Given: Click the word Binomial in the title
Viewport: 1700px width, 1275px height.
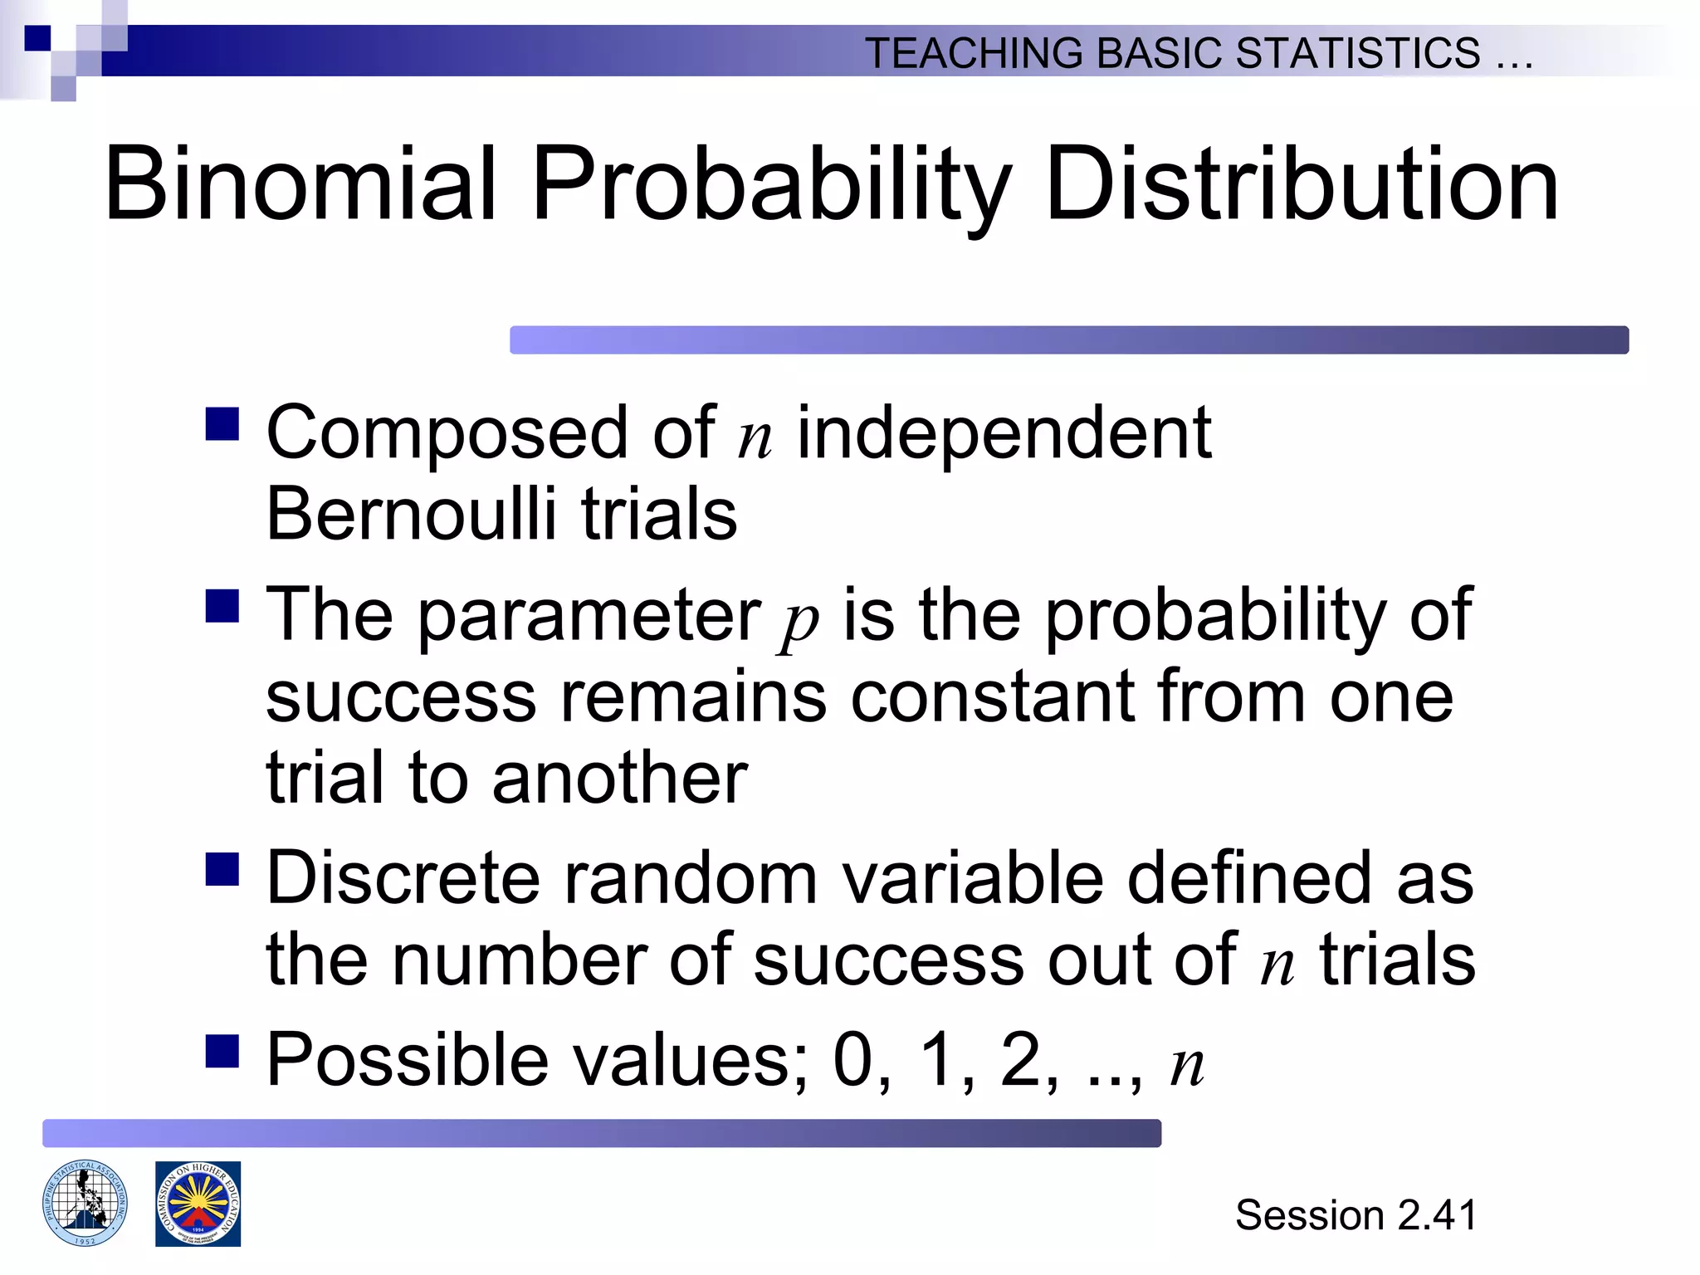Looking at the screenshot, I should [x=300, y=184].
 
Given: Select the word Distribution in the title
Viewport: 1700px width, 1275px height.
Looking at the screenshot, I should [x=1301, y=184].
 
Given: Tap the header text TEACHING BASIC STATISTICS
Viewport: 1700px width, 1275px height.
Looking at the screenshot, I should [x=1172, y=53].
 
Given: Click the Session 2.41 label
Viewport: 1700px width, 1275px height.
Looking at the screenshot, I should [x=1356, y=1215].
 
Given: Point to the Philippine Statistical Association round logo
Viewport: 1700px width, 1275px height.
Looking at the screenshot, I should [x=85, y=1203].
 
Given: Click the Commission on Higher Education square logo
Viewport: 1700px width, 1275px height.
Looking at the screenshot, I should [x=198, y=1204].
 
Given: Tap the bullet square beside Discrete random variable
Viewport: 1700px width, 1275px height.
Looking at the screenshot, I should [x=222, y=869].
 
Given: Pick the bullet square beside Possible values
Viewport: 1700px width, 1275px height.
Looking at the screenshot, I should [x=222, y=1050].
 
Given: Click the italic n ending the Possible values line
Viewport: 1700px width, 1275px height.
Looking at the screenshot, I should [x=1187, y=1066].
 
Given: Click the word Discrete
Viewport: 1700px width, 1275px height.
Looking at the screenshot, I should [x=403, y=878].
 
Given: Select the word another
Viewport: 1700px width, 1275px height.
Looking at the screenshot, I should [x=619, y=779].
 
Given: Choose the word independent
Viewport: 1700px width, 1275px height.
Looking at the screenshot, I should [x=1004, y=433].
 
